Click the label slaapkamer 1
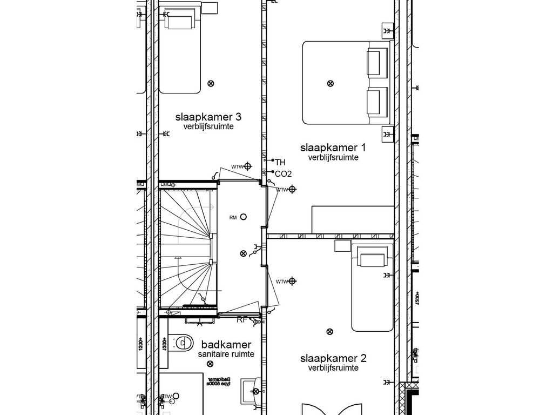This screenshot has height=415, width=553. click(333, 148)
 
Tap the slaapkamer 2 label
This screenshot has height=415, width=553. click(333, 358)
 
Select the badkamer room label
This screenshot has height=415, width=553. click(226, 345)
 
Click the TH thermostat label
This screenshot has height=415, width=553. click(280, 162)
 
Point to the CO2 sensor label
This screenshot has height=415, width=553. click(283, 174)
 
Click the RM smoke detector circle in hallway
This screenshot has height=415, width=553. click(244, 217)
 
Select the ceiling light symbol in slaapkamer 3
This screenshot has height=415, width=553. click(211, 83)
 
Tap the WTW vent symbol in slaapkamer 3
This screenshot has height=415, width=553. click(248, 166)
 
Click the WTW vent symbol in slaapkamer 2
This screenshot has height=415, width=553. click(292, 281)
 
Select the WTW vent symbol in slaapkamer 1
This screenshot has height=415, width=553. click(292, 189)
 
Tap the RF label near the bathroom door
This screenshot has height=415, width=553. click(242, 320)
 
